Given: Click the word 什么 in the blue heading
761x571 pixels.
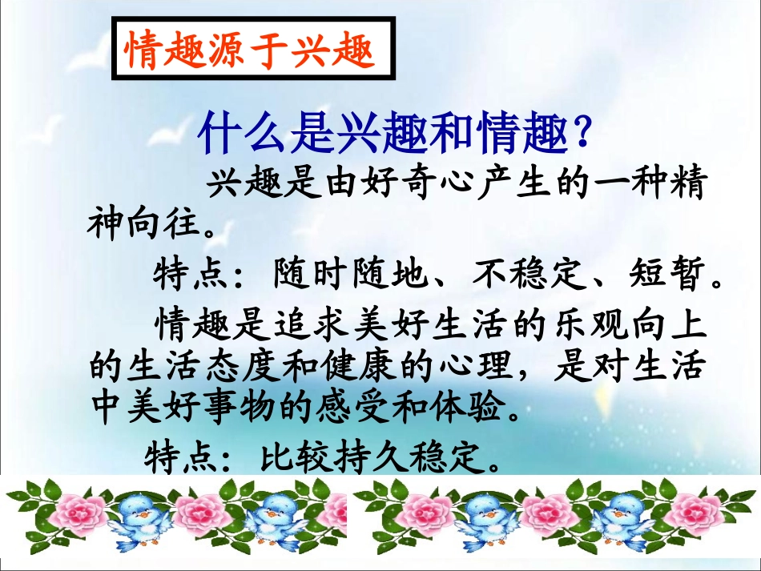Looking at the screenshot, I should coord(240,135).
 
